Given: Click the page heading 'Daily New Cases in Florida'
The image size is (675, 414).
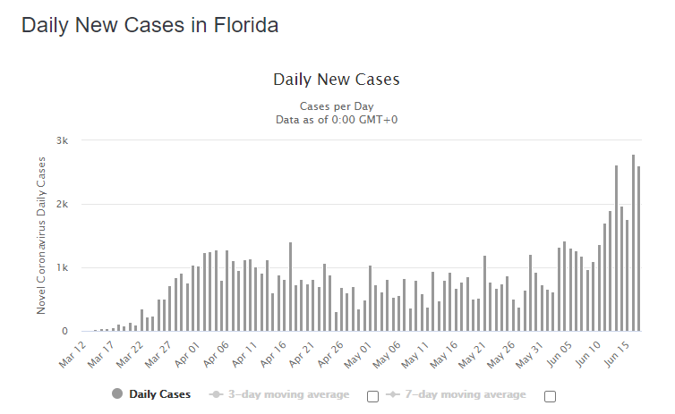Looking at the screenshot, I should click(150, 25).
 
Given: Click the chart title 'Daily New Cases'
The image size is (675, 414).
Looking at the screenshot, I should click(336, 80).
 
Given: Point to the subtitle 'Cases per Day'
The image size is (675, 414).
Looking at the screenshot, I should click(336, 106).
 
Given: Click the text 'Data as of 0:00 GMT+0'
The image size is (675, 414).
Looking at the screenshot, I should click(336, 118).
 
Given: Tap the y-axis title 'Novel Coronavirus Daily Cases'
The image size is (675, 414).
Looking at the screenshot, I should click(41, 234).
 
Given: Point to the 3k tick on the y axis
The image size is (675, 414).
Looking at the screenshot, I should click(62, 140).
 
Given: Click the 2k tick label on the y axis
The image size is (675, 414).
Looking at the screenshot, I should click(62, 204).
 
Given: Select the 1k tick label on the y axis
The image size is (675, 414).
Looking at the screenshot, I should click(62, 267).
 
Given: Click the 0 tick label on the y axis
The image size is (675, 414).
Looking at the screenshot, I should click(64, 331).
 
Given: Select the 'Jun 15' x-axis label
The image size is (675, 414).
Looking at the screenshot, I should click(622, 352).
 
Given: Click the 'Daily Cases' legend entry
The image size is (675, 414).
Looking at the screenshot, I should click(151, 393).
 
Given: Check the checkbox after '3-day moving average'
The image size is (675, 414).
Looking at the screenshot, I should click(373, 395).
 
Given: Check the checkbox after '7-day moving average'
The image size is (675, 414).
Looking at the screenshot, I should click(550, 395).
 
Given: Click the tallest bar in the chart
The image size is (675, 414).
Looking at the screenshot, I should click(633, 243).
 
